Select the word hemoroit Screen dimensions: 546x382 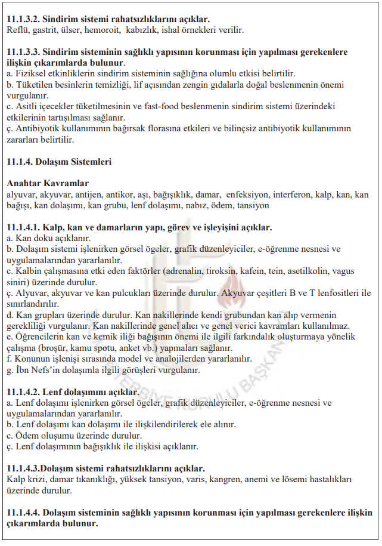(x=100, y=30)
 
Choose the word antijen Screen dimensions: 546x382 (x=88, y=195)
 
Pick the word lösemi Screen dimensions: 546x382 (x=302, y=480)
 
